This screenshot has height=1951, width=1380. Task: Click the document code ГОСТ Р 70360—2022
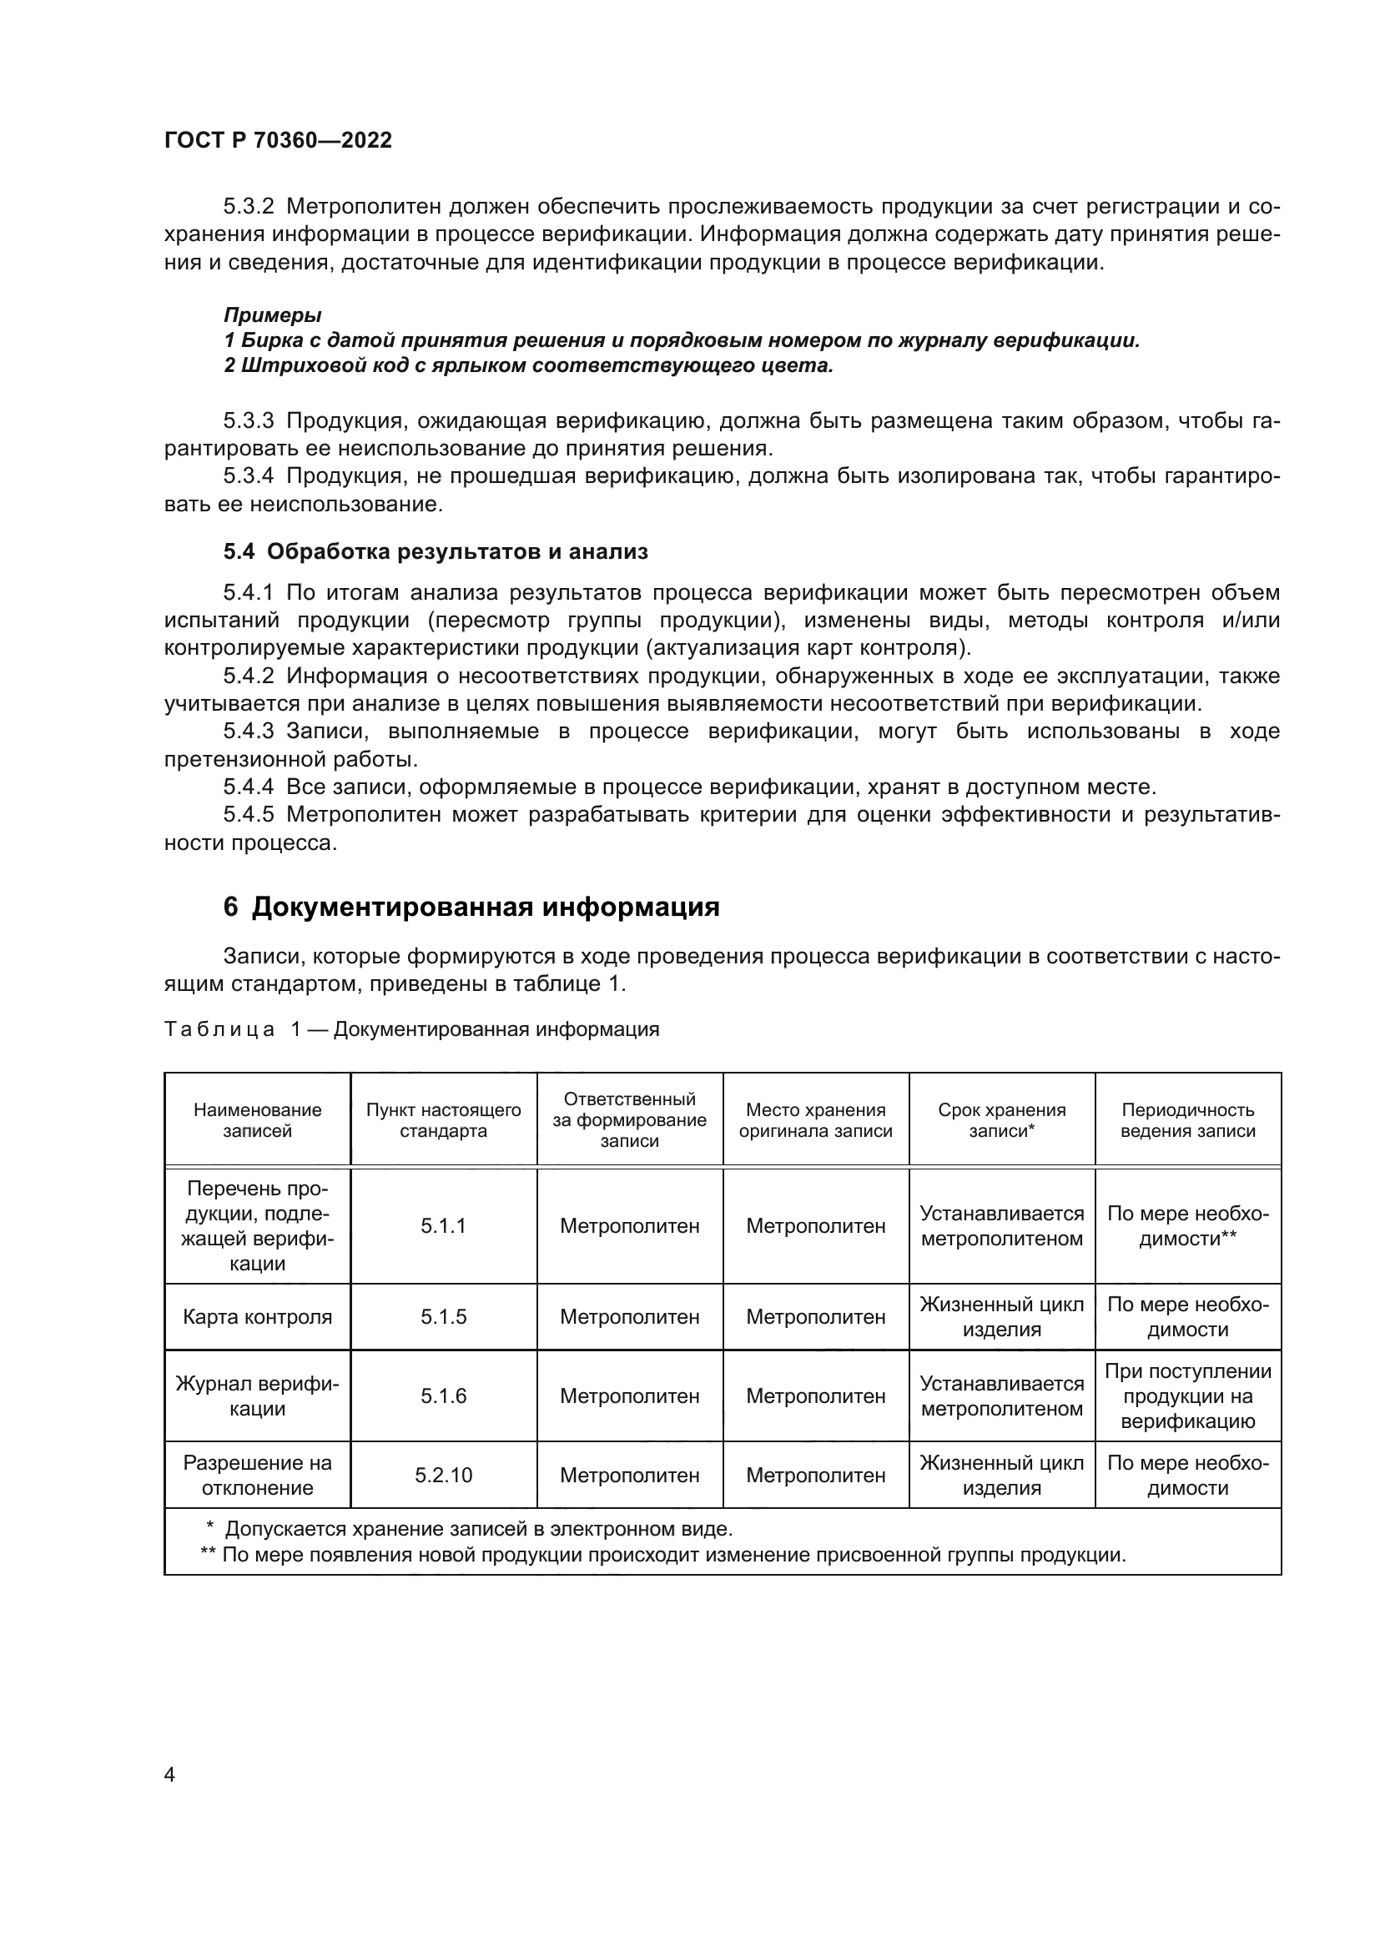278,140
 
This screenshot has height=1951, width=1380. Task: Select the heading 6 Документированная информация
471,907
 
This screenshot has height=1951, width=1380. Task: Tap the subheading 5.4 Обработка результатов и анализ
435,551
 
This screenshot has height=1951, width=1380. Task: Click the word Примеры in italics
272,315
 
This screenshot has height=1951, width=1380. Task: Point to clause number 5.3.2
248,207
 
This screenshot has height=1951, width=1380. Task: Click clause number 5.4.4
248,787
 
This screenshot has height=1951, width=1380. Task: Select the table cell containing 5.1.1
443,1225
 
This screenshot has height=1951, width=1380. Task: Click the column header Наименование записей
257,1120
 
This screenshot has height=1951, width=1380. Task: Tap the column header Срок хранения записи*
1001,1120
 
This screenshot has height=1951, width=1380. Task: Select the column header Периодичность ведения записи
1187,1120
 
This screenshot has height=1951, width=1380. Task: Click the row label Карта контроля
257,1316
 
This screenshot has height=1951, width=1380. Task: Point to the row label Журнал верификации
257,1395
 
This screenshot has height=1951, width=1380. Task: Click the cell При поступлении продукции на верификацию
1187,1395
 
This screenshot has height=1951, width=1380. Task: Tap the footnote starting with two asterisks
662,1554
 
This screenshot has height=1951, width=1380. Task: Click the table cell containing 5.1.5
443,1316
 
